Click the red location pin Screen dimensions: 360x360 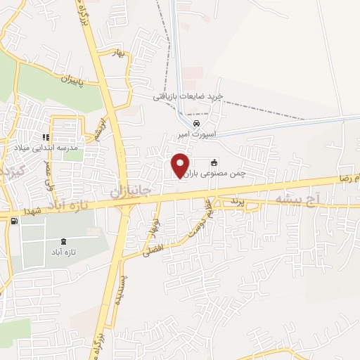pos(181,165)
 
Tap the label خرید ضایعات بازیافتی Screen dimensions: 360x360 pos(188,96)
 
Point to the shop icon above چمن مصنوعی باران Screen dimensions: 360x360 pos(214,162)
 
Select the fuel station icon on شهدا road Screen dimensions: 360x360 pos(15,221)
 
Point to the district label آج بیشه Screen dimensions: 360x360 pos(297,201)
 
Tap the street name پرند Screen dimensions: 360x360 pos(236,202)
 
